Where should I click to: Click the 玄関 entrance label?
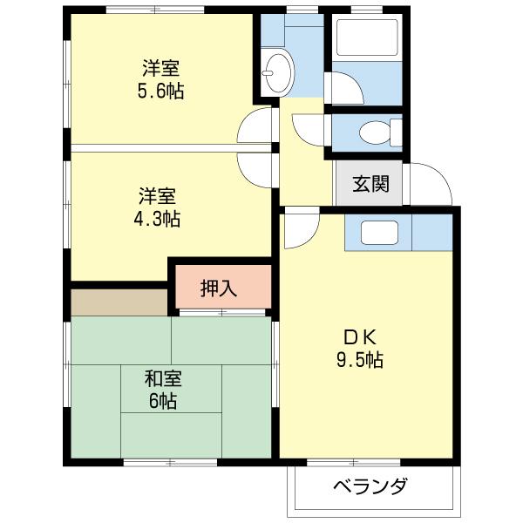pos(370,185)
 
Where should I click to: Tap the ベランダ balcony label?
pos(370,486)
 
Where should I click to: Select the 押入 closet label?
pos(219,288)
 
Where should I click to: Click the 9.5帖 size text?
pos(358,359)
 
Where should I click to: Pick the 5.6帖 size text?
pos(161,91)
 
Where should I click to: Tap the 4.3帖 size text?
pos(158,218)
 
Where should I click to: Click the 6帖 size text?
pos(162,401)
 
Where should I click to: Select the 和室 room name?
pos(162,379)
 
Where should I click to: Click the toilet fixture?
pos(374,134)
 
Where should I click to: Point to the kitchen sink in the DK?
pos(379,233)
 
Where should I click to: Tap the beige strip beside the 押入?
pos(119,302)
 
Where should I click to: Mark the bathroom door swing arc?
pos(344,89)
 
